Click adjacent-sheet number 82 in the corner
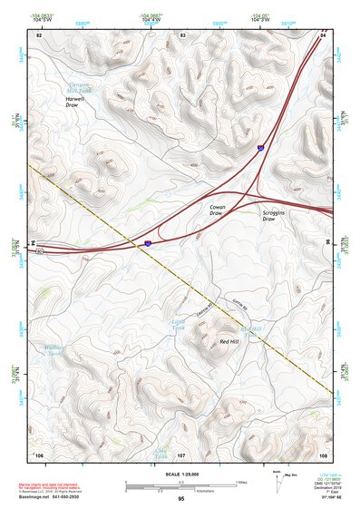click(x=39, y=34)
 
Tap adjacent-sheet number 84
click(x=323, y=34)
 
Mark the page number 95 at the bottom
click(x=181, y=499)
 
